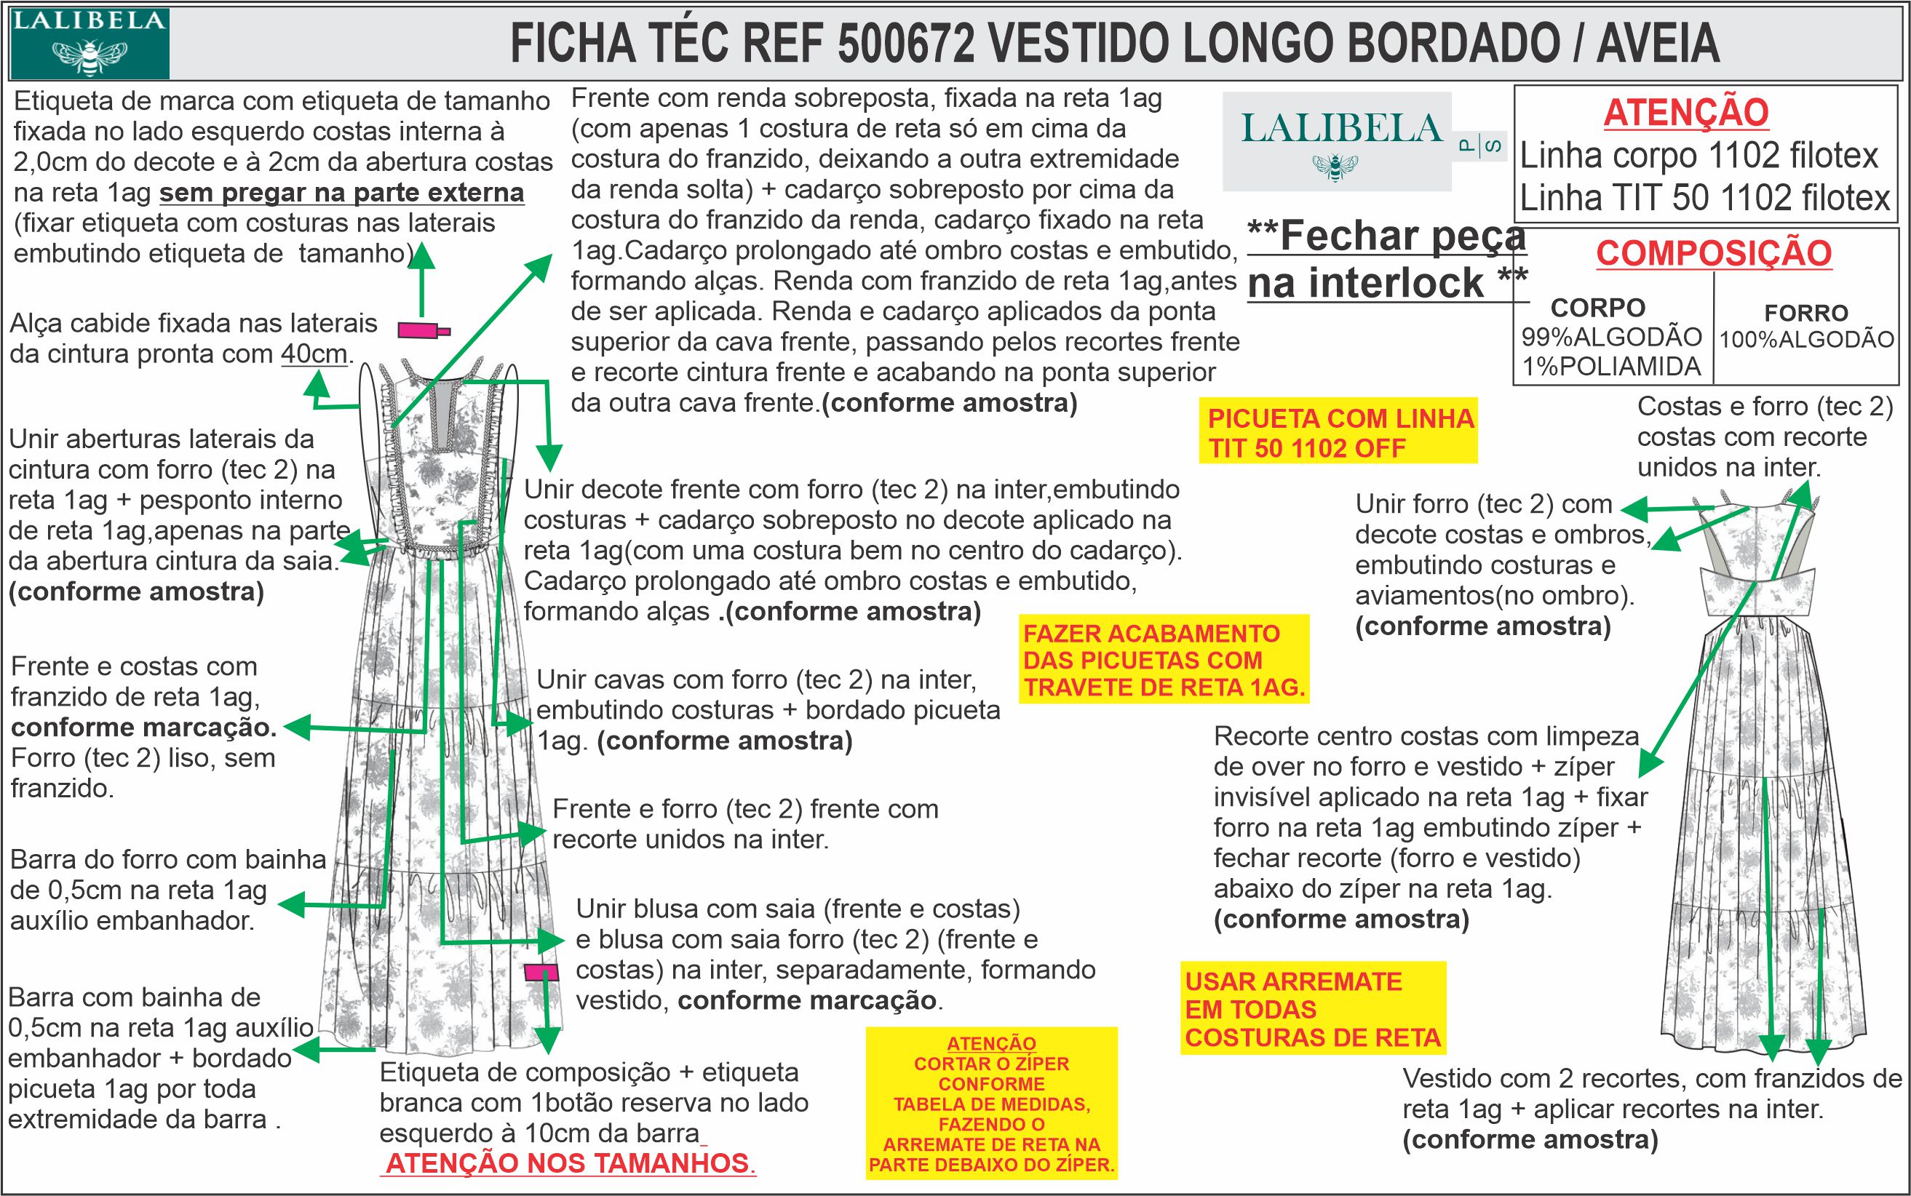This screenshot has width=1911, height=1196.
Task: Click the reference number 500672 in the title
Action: (x=905, y=43)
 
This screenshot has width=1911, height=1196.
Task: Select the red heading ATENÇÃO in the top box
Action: (x=1685, y=112)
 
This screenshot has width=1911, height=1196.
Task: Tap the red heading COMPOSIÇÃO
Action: (x=1713, y=253)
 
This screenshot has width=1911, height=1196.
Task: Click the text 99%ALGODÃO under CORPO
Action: (x=1611, y=337)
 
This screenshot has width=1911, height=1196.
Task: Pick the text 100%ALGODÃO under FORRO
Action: (x=1806, y=339)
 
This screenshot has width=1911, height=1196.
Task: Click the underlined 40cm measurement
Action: (x=314, y=354)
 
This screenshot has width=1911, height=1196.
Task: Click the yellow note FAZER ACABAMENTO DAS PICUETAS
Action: (x=1163, y=660)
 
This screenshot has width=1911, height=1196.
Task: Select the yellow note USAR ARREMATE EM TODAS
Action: (x=1312, y=1008)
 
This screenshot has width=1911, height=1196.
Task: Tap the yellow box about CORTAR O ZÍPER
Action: (x=990, y=1104)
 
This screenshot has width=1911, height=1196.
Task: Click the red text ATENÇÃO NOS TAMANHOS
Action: (x=570, y=1163)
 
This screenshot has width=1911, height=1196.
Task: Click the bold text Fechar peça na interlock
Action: (x=1386, y=259)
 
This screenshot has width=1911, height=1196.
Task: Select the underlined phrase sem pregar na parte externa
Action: (x=341, y=192)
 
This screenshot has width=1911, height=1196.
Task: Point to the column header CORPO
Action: (x=1597, y=307)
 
